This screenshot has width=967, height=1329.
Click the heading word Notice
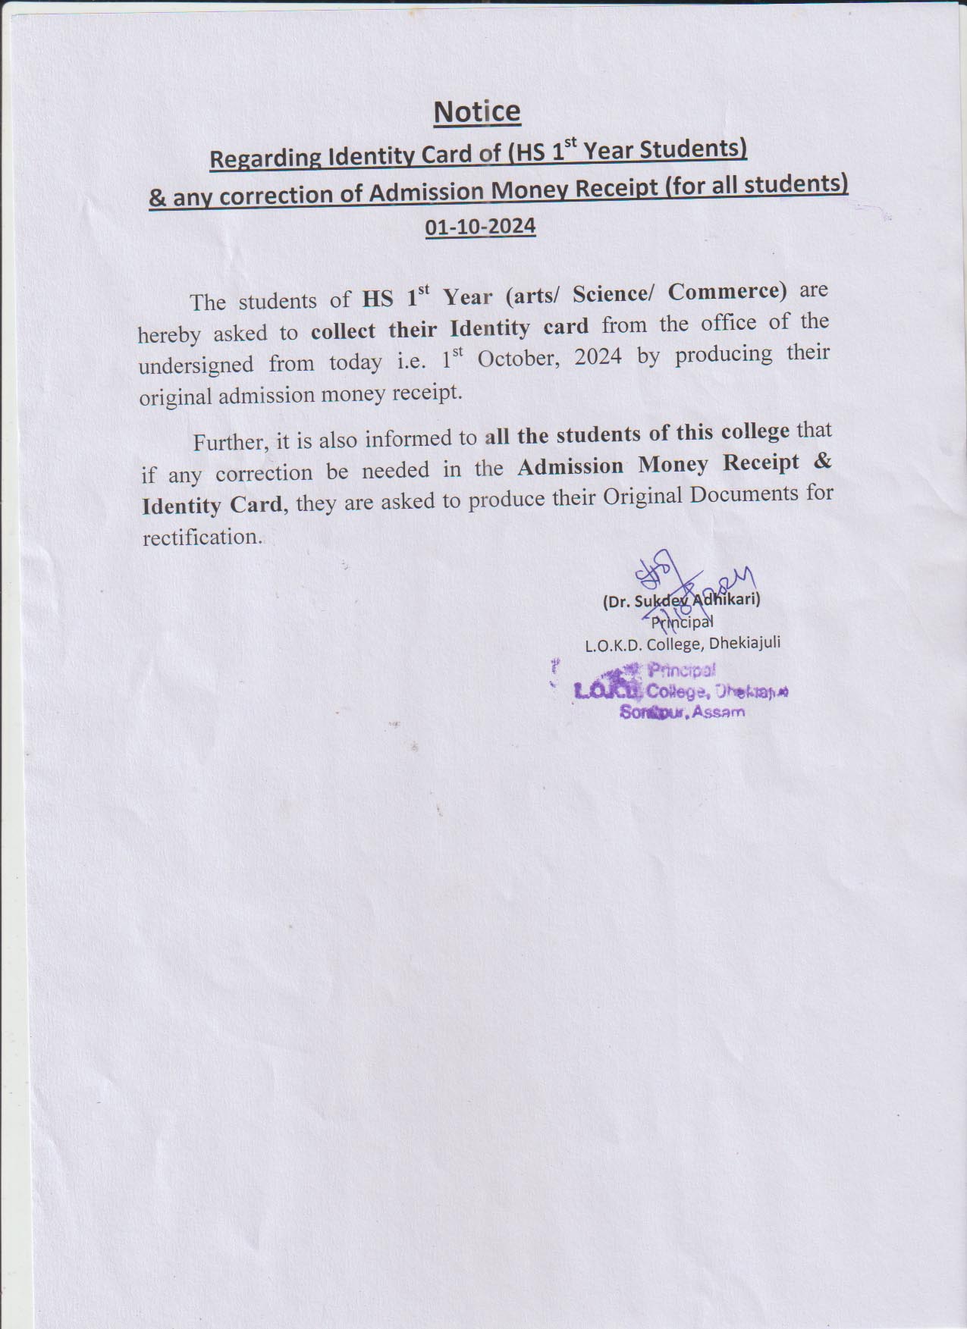(x=476, y=111)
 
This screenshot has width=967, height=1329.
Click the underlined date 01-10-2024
(x=480, y=226)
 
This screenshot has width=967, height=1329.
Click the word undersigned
(x=196, y=365)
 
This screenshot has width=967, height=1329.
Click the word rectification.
(x=202, y=538)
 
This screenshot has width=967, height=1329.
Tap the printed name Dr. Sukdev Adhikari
(x=681, y=601)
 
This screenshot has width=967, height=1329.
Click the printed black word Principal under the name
(x=683, y=622)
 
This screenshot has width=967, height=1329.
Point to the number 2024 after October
(x=598, y=356)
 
